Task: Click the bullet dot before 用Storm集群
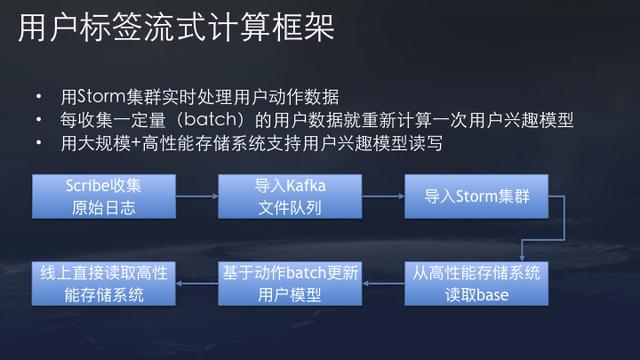pyautogui.click(x=39, y=99)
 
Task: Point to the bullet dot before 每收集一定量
pyautogui.click(x=39, y=121)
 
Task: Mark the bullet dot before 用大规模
pyautogui.click(x=39, y=144)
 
